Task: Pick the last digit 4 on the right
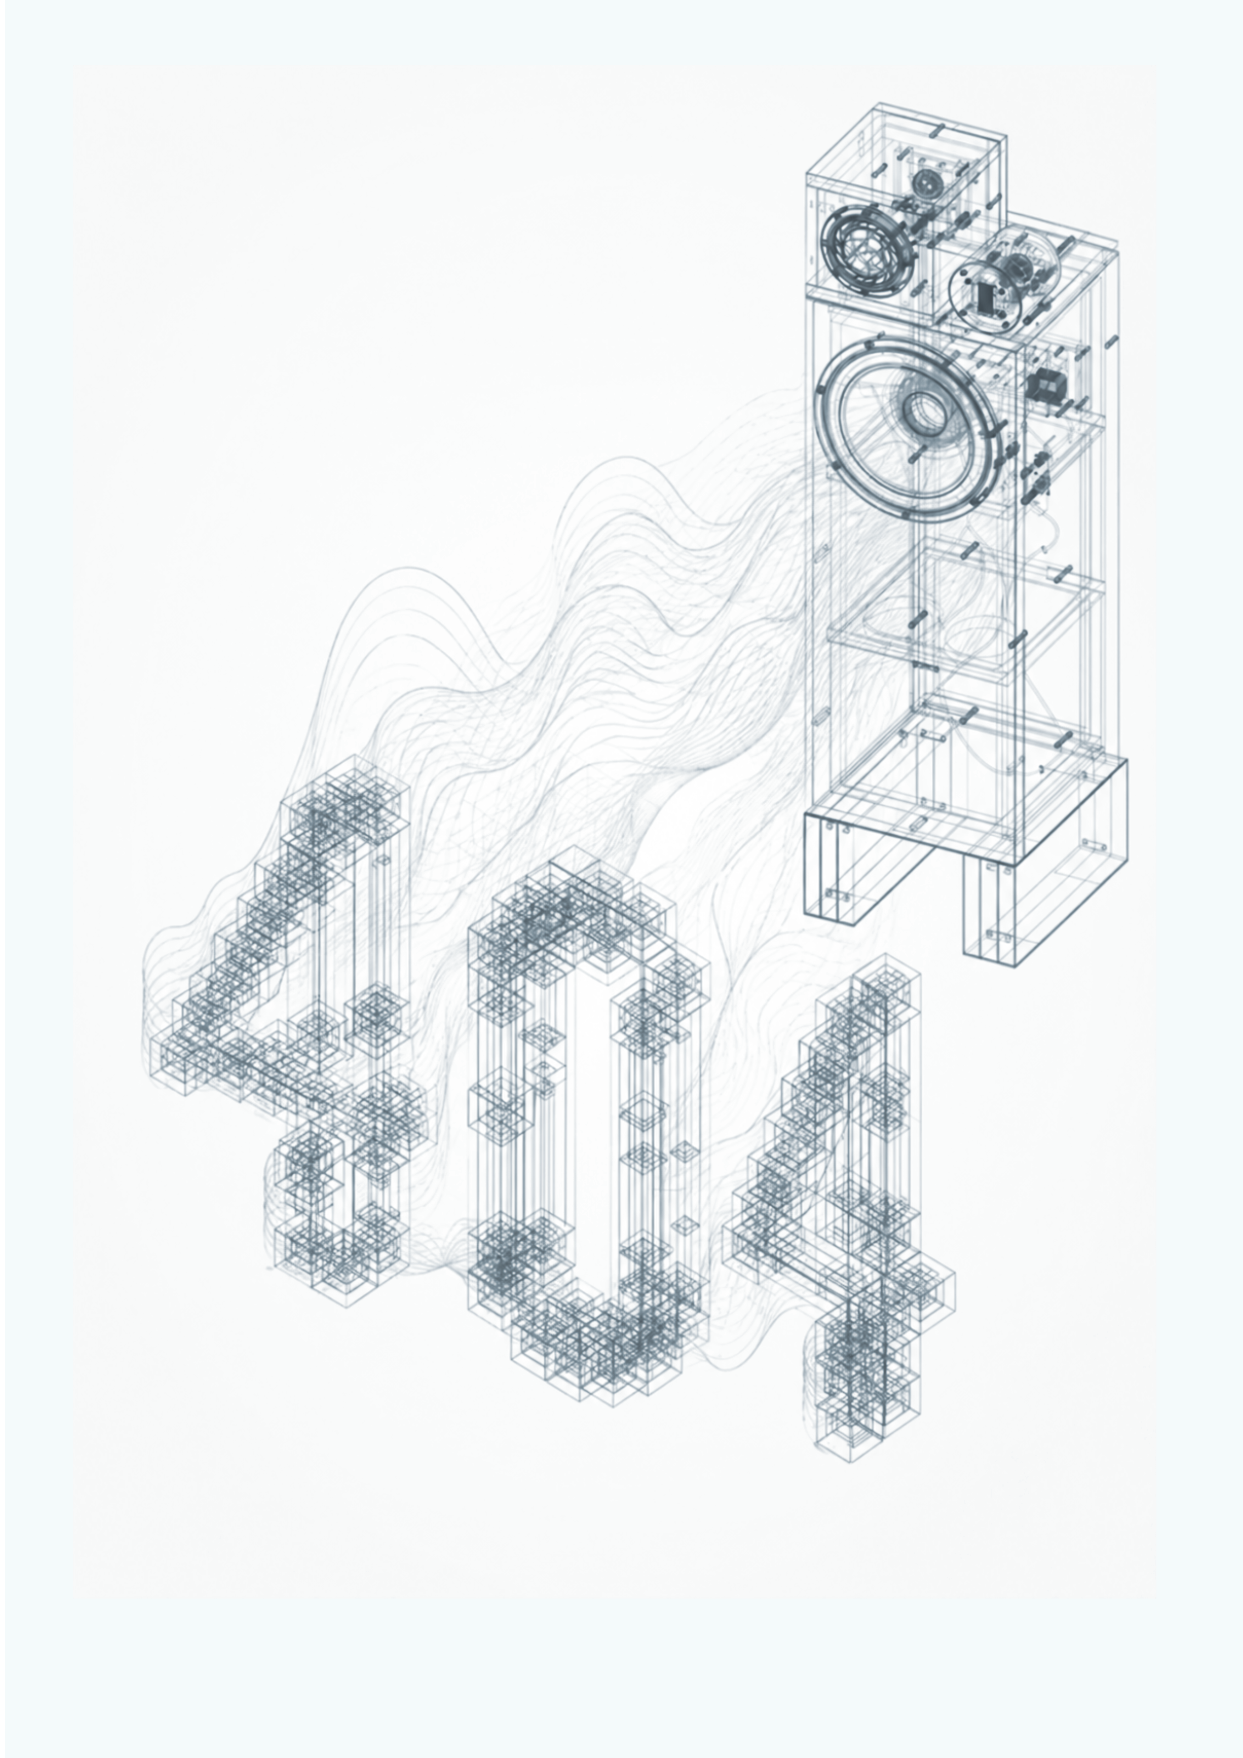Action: (x=842, y=1210)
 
